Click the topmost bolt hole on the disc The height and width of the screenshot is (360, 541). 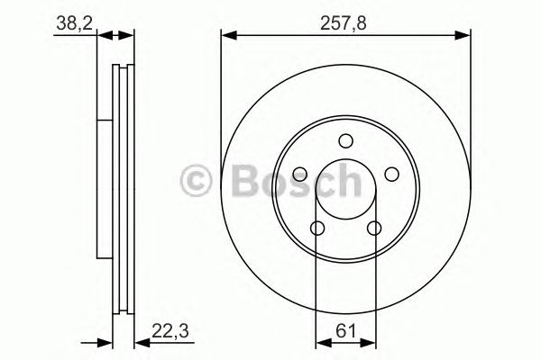(x=345, y=139)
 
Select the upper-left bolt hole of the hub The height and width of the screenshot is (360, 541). (x=300, y=175)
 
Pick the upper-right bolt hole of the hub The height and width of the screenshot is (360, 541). (x=391, y=175)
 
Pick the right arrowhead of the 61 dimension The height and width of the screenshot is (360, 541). (x=371, y=342)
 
